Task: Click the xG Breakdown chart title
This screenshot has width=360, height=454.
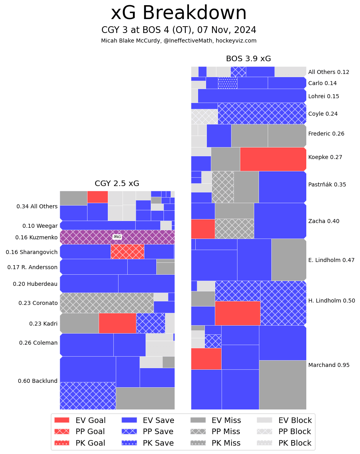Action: (x=179, y=13)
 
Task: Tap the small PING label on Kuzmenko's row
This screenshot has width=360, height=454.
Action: (x=117, y=237)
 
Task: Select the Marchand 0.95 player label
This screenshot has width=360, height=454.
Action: (x=329, y=365)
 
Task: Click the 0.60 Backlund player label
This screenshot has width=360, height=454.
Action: (x=38, y=381)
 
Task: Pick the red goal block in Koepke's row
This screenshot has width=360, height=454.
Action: (x=273, y=159)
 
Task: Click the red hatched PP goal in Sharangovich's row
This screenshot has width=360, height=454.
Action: (x=127, y=252)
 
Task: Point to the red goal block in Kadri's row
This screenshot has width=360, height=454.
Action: (x=117, y=323)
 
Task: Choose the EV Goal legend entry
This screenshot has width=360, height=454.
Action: (x=80, y=420)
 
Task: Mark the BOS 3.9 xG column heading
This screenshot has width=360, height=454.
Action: (x=248, y=59)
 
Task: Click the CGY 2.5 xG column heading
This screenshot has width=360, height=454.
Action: (x=117, y=184)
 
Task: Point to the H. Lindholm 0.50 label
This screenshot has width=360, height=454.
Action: (x=331, y=301)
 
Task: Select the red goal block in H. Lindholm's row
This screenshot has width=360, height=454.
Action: (x=237, y=313)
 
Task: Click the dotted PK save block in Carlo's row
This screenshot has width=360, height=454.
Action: (x=228, y=83)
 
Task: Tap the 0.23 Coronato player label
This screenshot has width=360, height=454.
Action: (x=38, y=303)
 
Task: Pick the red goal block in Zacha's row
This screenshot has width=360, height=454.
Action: (x=203, y=229)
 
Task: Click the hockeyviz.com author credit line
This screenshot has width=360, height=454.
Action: (x=179, y=41)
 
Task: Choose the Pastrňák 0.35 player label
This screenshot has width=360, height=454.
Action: (x=327, y=184)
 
